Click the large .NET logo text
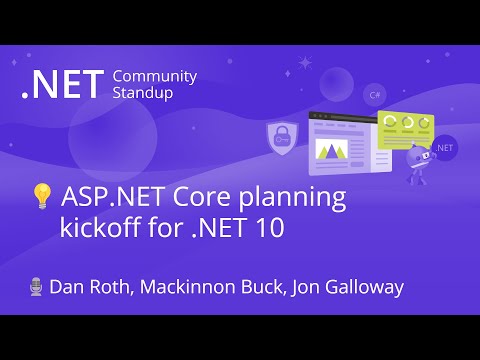(x=62, y=85)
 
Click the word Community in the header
(x=155, y=77)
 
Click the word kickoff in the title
(x=97, y=228)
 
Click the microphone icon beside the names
(x=37, y=287)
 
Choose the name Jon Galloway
(x=347, y=287)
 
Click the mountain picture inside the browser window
(x=330, y=150)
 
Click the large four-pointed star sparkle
(x=303, y=62)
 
